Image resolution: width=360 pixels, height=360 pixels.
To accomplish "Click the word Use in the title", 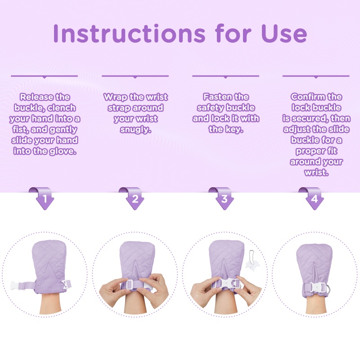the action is (284, 33).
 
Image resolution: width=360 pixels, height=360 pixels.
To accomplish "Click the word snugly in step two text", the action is (136, 130).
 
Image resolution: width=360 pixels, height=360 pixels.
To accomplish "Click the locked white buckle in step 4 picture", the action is (317, 287).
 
